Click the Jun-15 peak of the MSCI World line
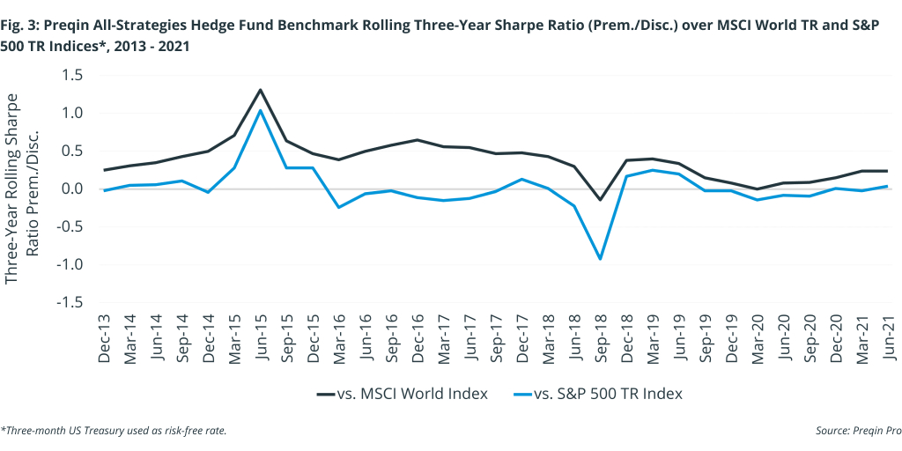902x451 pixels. tap(261, 90)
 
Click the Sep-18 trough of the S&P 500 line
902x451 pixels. tap(601, 258)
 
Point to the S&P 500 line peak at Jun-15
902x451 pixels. tap(261, 110)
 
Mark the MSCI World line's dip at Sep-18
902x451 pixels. tap(601, 200)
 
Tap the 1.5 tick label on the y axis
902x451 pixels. tap(71, 76)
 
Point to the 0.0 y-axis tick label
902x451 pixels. tap(71, 189)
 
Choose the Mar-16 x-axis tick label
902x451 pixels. tap(339, 338)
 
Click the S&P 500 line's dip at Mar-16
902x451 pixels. tap(339, 207)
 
